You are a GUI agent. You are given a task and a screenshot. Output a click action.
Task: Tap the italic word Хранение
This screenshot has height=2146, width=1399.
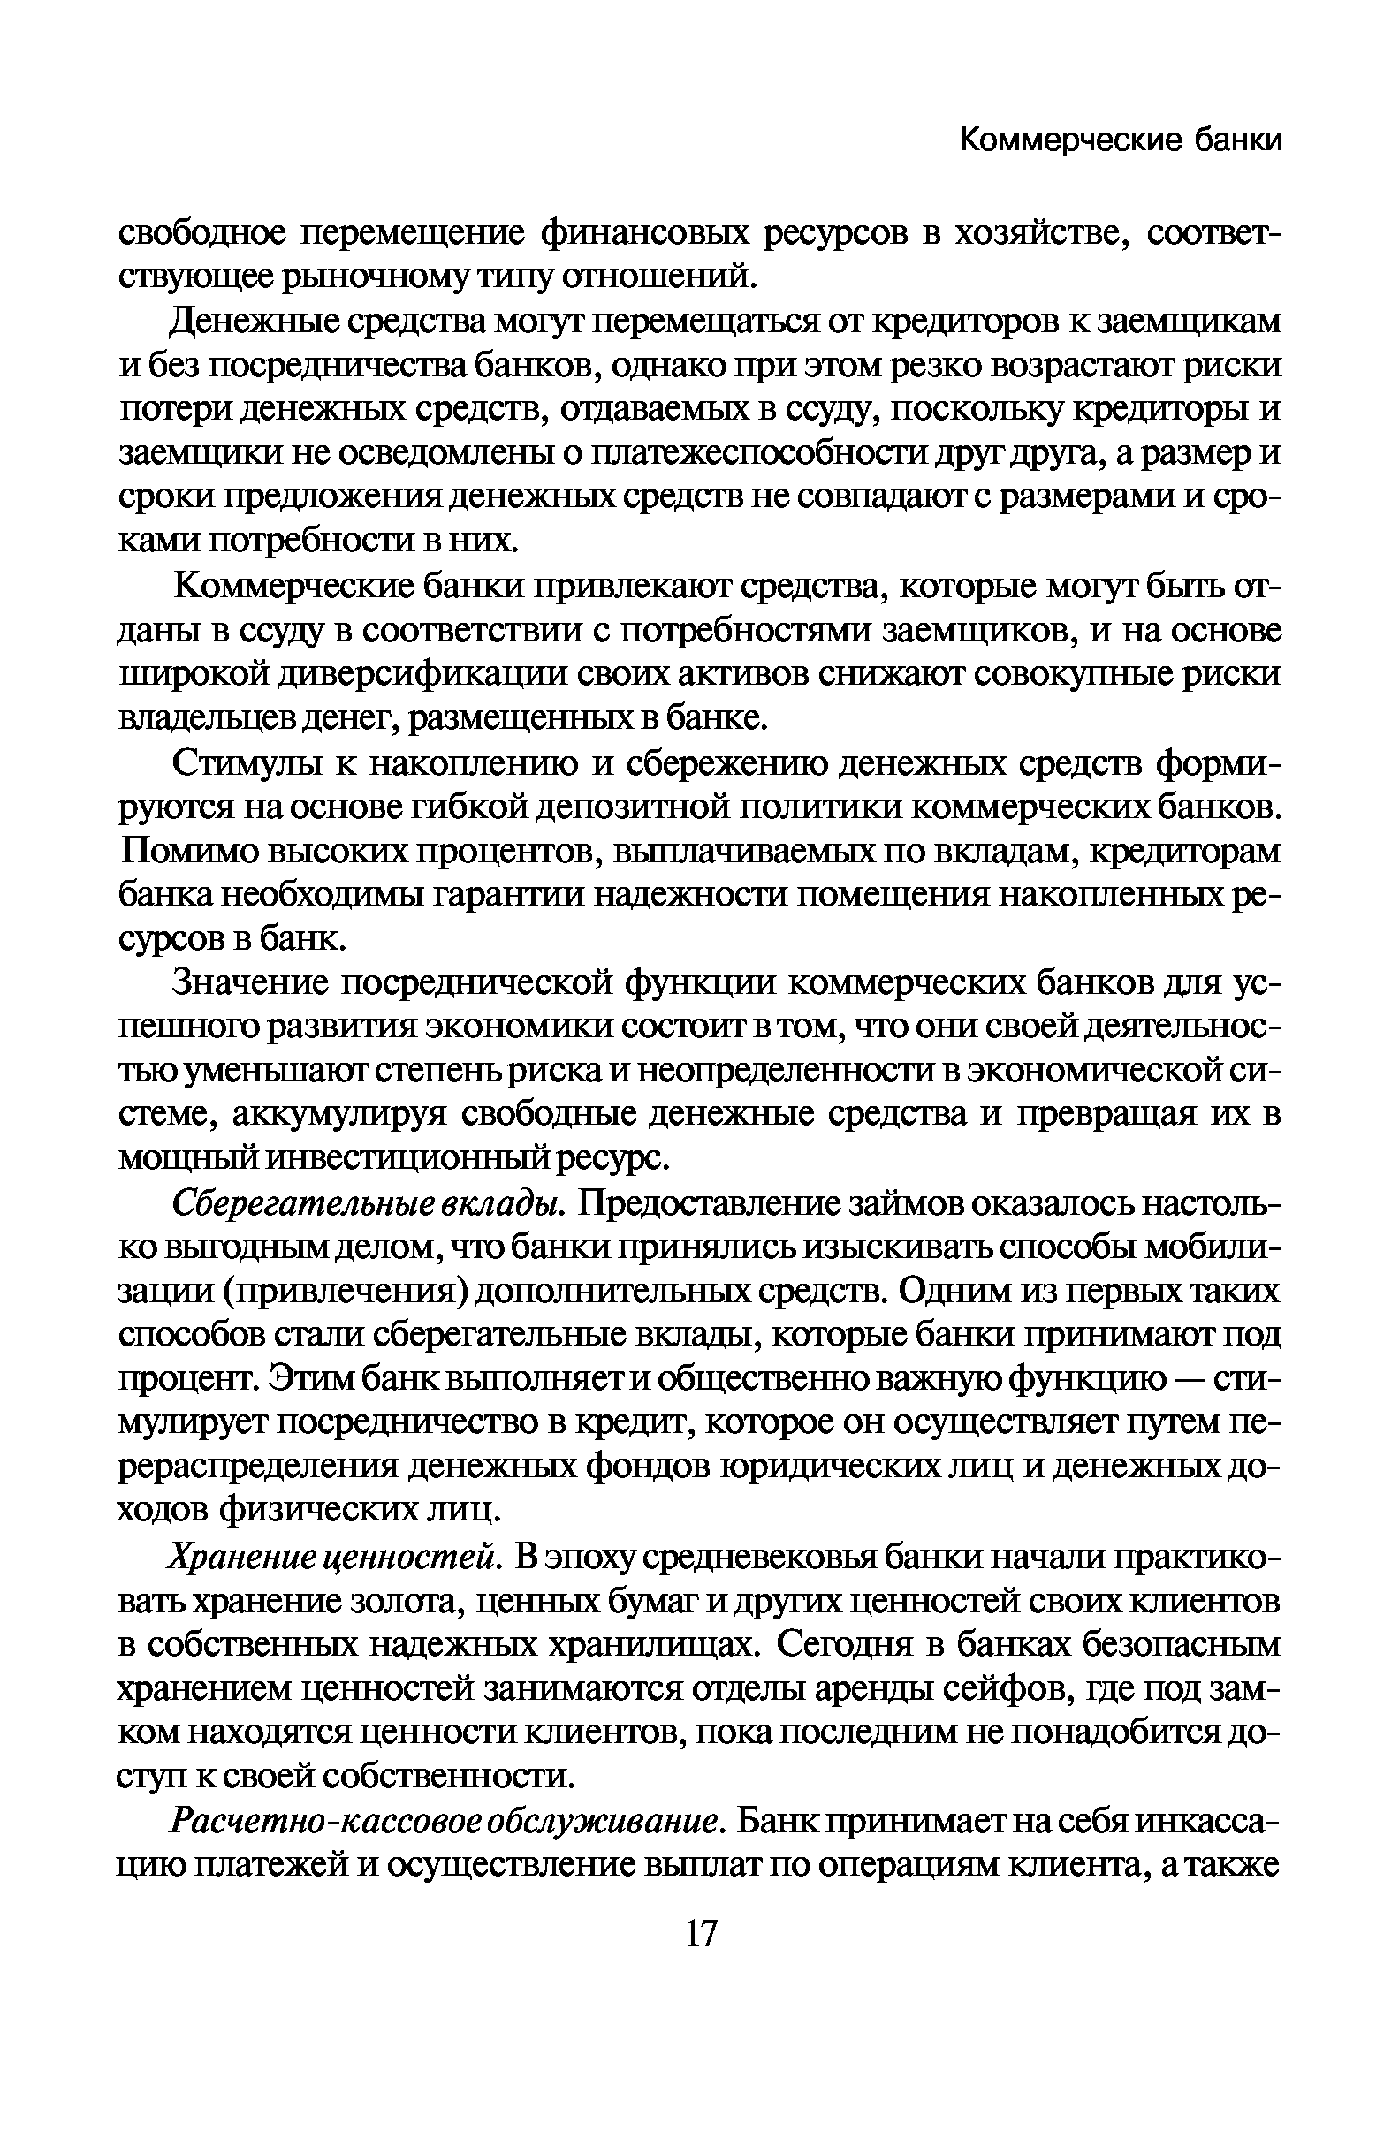237,1558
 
